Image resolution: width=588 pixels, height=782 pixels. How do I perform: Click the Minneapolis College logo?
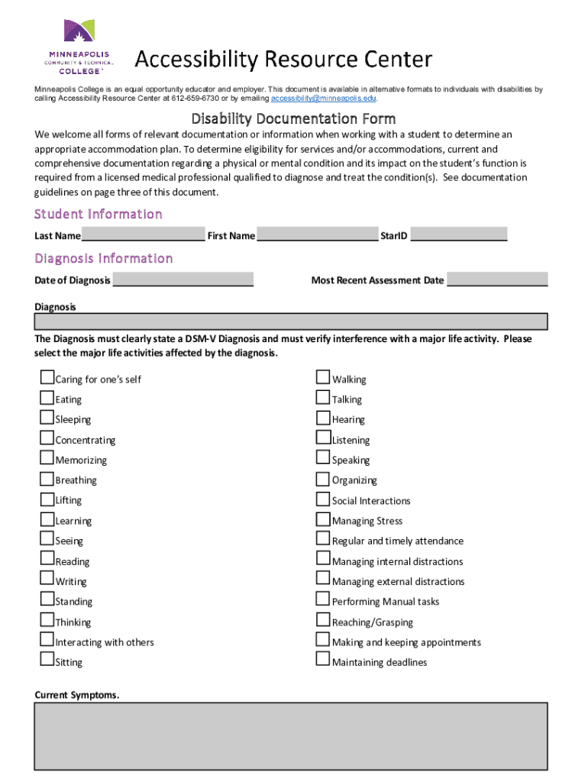coord(79,47)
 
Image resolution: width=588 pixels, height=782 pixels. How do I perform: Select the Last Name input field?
coord(143,234)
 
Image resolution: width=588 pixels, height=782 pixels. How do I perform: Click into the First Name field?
coord(318,234)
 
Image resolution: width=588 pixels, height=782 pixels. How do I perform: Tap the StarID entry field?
coord(459,234)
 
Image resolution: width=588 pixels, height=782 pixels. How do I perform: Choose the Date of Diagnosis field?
coord(183,280)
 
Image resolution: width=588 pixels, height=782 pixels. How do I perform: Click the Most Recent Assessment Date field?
coord(497,280)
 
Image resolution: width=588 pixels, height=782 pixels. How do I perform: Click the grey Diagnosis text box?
coord(291,321)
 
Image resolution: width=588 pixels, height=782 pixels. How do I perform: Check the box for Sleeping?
coord(47,418)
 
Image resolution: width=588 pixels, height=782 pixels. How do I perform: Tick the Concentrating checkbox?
coord(47,438)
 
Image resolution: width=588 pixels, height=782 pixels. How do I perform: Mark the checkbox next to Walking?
coord(323,377)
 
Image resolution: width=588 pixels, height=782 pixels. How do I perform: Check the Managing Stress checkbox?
coord(323,519)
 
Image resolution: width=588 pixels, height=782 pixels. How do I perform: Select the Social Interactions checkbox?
coord(323,499)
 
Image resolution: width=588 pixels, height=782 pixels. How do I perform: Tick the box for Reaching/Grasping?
coord(323,621)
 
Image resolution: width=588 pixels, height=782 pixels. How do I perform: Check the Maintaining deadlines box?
coord(323,661)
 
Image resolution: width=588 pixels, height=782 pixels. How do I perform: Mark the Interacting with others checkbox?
coord(47,641)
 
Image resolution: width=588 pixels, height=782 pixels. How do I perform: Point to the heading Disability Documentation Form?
coord(293,118)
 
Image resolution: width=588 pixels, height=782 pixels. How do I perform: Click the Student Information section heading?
coord(99,214)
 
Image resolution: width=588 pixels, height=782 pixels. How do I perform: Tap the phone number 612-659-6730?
coord(195,99)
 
